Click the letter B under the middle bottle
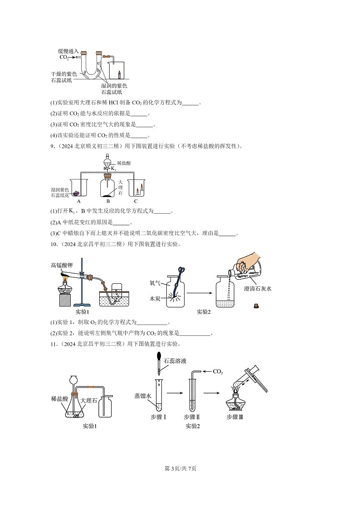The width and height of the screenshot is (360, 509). tap(108, 201)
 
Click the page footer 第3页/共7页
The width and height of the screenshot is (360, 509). tap(180, 468)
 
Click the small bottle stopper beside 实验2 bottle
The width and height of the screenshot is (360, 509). tap(256, 305)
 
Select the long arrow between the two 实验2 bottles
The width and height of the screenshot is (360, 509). tap(200, 293)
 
